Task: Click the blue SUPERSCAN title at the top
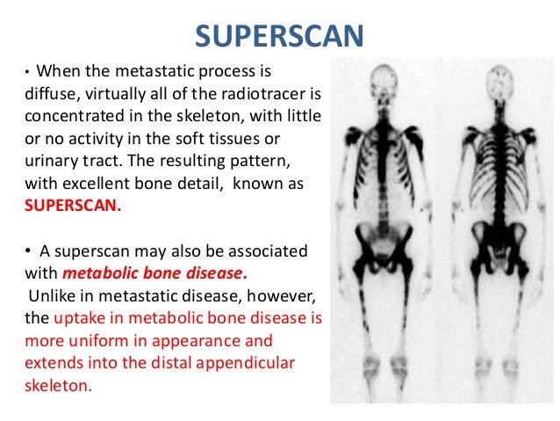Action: (279, 35)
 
